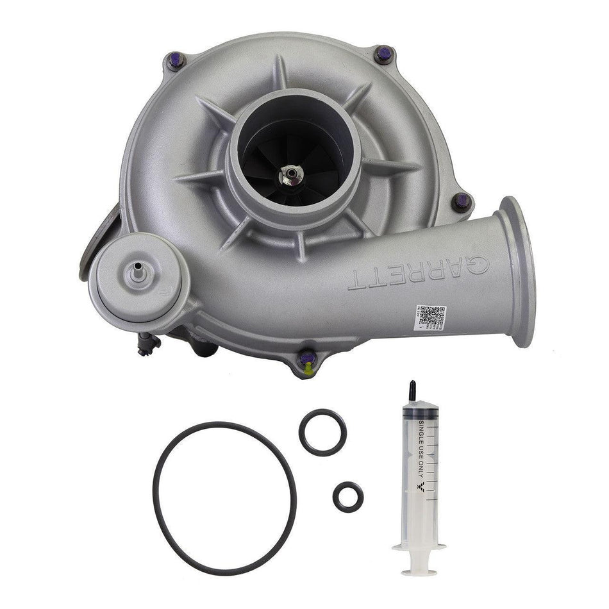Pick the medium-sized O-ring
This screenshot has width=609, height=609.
coord(322,433)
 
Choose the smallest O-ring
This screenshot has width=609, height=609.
coord(348,496)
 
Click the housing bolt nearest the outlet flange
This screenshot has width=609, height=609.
coord(461,201)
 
